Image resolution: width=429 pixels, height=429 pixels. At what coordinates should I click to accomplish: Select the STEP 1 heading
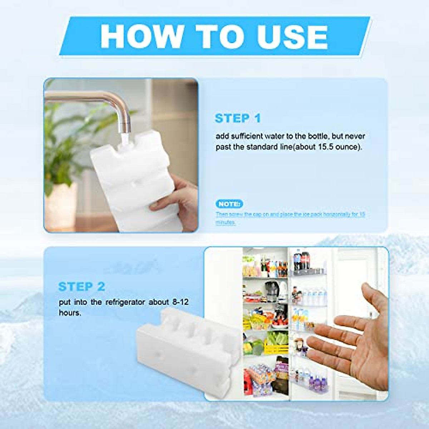tap(238, 118)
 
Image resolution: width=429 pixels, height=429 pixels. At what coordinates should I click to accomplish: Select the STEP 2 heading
tap(82, 286)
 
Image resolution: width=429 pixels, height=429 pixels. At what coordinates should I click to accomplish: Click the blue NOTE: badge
tap(230, 204)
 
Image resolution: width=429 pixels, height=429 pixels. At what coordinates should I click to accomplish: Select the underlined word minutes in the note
tap(226, 222)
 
